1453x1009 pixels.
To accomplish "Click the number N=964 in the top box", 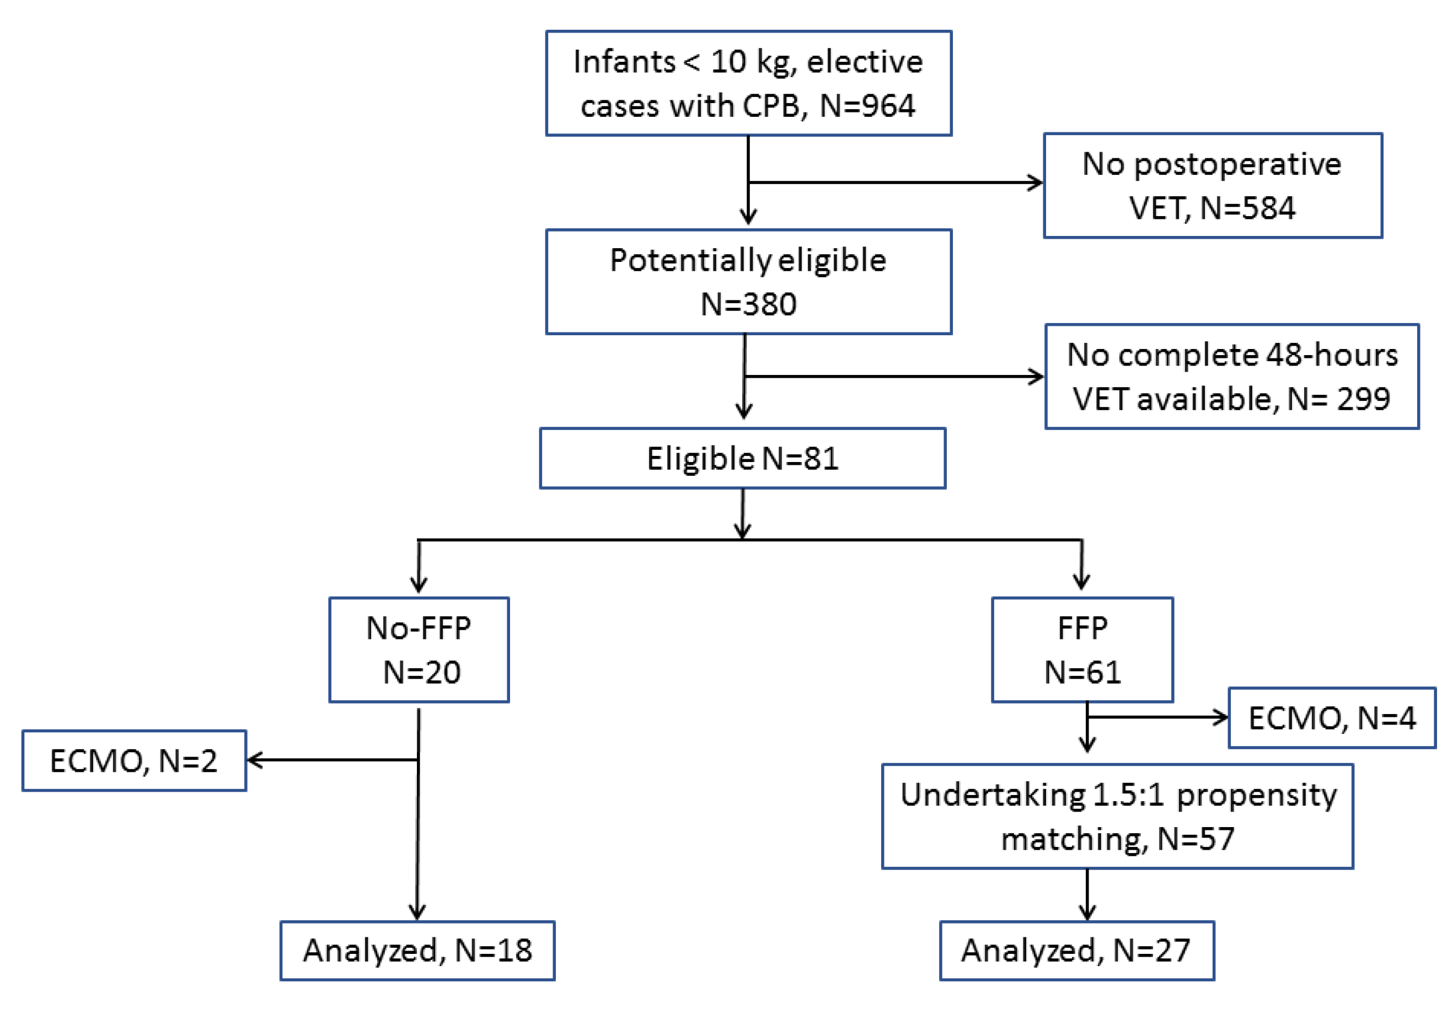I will click(x=866, y=105).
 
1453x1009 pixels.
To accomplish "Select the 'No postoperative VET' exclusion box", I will click(x=1212, y=185).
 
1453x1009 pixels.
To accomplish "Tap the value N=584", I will click(x=1247, y=208).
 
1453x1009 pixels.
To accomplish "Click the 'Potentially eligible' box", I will click(x=748, y=281).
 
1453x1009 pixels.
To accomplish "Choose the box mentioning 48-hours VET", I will click(x=1231, y=376).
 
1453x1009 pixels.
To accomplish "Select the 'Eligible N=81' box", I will click(x=742, y=458).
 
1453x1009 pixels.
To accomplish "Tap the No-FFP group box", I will click(x=419, y=650).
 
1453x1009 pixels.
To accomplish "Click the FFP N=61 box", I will click(x=1082, y=650).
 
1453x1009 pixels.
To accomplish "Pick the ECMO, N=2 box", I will click(x=134, y=760).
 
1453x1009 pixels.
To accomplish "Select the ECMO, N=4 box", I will click(x=1332, y=717).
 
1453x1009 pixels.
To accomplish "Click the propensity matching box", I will click(x=1117, y=815).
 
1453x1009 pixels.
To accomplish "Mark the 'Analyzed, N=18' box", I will click(x=417, y=950).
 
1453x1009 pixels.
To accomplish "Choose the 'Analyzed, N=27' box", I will click(x=1076, y=950).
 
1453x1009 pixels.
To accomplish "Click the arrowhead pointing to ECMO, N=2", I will click(x=254, y=759).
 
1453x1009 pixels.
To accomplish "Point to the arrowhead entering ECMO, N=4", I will click(x=1221, y=717).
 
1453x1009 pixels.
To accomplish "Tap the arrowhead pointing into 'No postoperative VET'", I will click(x=1035, y=183).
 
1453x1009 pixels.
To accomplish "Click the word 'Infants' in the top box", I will click(x=624, y=62).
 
